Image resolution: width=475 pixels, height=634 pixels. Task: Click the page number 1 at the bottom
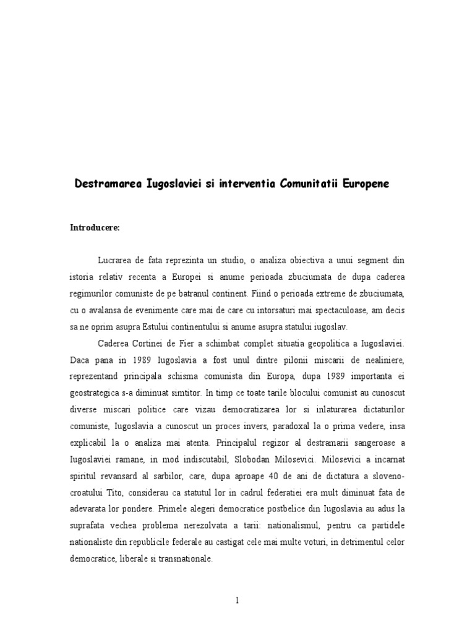237,601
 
